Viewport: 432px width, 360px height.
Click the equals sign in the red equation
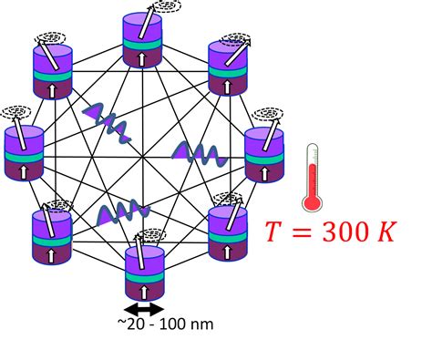[303, 234]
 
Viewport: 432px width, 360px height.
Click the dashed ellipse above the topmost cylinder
[167, 6]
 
